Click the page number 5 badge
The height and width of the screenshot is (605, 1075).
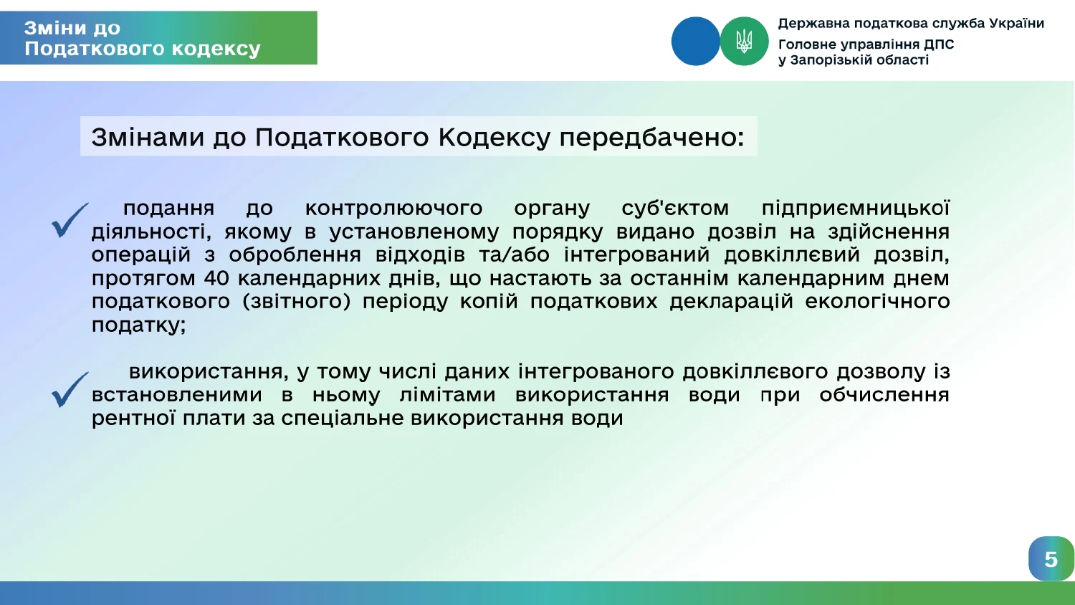tap(1051, 558)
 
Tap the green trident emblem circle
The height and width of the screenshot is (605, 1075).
tap(745, 42)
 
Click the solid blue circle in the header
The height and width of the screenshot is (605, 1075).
tap(695, 42)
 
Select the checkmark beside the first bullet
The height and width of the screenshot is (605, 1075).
tap(70, 220)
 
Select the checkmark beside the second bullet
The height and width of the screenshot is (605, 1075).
tap(70, 390)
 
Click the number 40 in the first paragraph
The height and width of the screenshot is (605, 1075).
tap(216, 278)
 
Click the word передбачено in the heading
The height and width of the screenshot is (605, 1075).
tap(651, 137)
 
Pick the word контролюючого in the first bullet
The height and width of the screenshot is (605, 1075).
tap(393, 209)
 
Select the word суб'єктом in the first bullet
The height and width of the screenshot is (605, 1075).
tap(675, 208)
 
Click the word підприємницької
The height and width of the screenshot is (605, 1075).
tap(856, 209)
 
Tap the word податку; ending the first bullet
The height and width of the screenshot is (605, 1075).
tap(139, 325)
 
